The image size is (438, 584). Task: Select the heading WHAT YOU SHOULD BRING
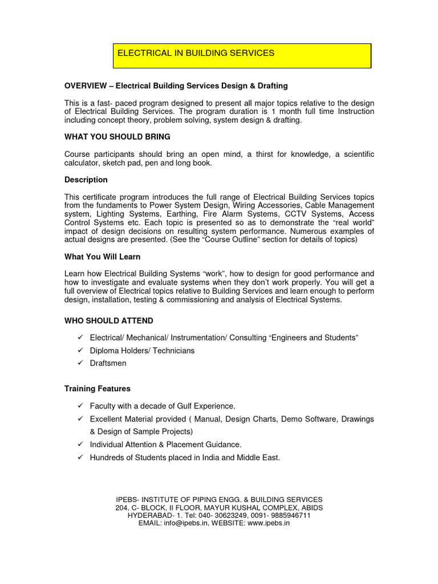pyautogui.click(x=117, y=137)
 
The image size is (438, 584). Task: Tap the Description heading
pyautogui.click(x=86, y=180)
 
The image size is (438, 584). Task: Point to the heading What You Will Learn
pyautogui.click(x=102, y=257)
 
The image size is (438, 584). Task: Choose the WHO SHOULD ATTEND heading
pyautogui.click(x=108, y=321)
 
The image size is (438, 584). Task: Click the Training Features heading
pyautogui.click(x=97, y=388)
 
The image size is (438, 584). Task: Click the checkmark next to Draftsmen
pyautogui.click(x=79, y=363)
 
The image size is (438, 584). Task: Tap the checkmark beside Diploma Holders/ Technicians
pyautogui.click(x=79, y=351)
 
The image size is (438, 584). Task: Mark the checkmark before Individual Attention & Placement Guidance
pyautogui.click(x=79, y=444)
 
